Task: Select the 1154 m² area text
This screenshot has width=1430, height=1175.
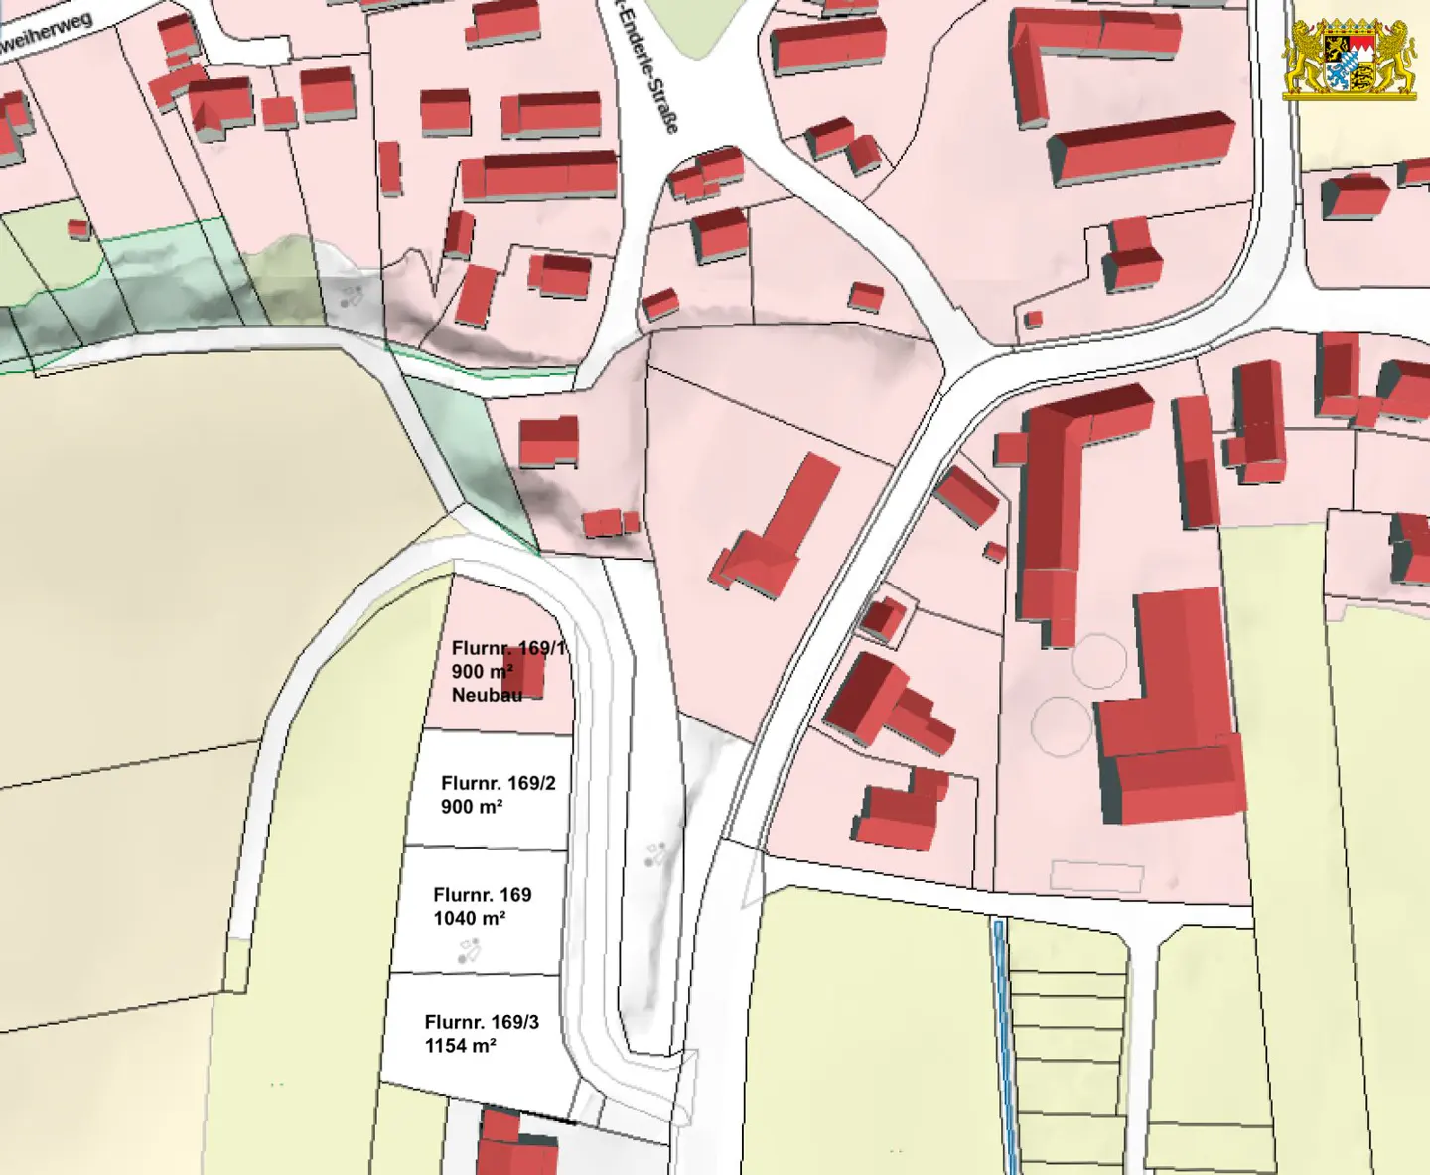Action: click(460, 1046)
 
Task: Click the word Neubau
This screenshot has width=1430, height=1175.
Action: click(487, 695)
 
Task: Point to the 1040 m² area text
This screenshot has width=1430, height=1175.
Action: click(469, 919)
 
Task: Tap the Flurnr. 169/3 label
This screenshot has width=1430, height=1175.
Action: click(482, 1022)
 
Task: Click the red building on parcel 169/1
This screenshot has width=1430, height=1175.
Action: click(524, 673)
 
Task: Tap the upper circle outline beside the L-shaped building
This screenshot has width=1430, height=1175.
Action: click(1099, 661)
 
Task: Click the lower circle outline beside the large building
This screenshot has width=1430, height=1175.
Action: click(1062, 725)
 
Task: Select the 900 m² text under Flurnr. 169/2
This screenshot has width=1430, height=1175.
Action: click(471, 807)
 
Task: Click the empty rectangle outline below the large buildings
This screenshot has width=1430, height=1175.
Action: click(1096, 875)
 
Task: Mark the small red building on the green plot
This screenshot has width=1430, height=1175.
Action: click(78, 229)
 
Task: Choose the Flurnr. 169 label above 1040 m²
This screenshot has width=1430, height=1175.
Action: click(482, 895)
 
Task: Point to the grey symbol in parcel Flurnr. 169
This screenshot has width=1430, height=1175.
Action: click(468, 953)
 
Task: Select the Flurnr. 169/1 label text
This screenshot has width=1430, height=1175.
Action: click(507, 648)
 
